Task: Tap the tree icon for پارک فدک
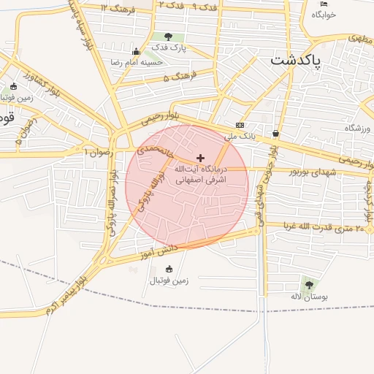169,37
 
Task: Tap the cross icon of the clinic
200,158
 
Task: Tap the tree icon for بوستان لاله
308,284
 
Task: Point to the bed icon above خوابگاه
324,4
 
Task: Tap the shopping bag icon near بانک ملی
275,134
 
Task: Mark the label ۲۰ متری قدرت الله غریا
318,228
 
